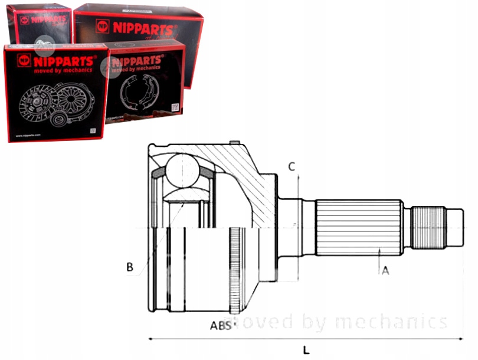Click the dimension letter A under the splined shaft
pyautogui.click(x=385, y=271)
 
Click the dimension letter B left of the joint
pyautogui.click(x=129, y=267)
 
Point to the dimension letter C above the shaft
pyautogui.click(x=291, y=166)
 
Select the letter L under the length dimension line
pyautogui.click(x=306, y=350)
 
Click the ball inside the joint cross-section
pyautogui.click(x=182, y=171)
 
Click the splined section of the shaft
pyautogui.click(x=359, y=228)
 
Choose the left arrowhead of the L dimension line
pyautogui.click(x=151, y=339)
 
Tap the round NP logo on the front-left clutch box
pyautogui.click(x=24, y=60)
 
